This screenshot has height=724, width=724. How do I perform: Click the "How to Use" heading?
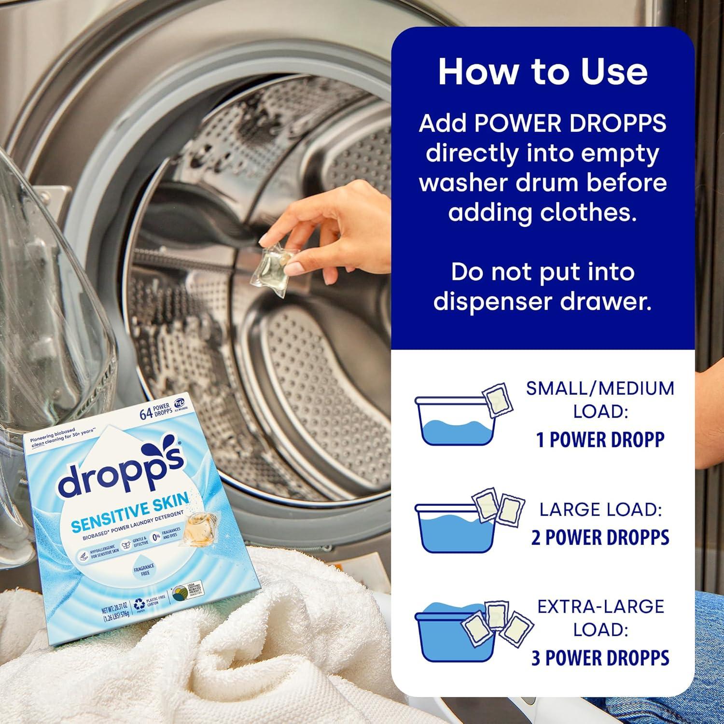pyautogui.click(x=543, y=71)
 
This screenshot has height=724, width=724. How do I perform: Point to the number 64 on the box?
pyautogui.click(x=146, y=414)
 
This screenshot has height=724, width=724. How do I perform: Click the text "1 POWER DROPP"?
pyautogui.click(x=600, y=439)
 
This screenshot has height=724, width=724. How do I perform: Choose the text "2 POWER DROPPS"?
pyautogui.click(x=600, y=537)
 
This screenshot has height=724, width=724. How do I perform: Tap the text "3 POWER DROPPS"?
pyautogui.click(x=600, y=658)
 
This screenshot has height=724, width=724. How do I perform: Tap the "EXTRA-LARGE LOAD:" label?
pyautogui.click(x=600, y=618)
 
